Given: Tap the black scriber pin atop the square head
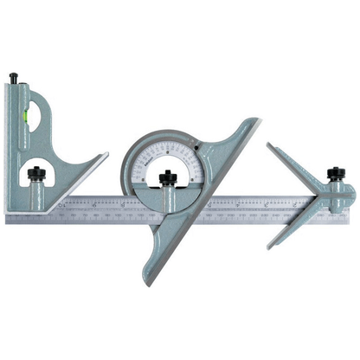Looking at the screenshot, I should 15,79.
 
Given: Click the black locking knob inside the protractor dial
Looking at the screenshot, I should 168,177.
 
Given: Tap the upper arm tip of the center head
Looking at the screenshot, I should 269,146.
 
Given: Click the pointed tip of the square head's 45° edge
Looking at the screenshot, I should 106,156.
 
